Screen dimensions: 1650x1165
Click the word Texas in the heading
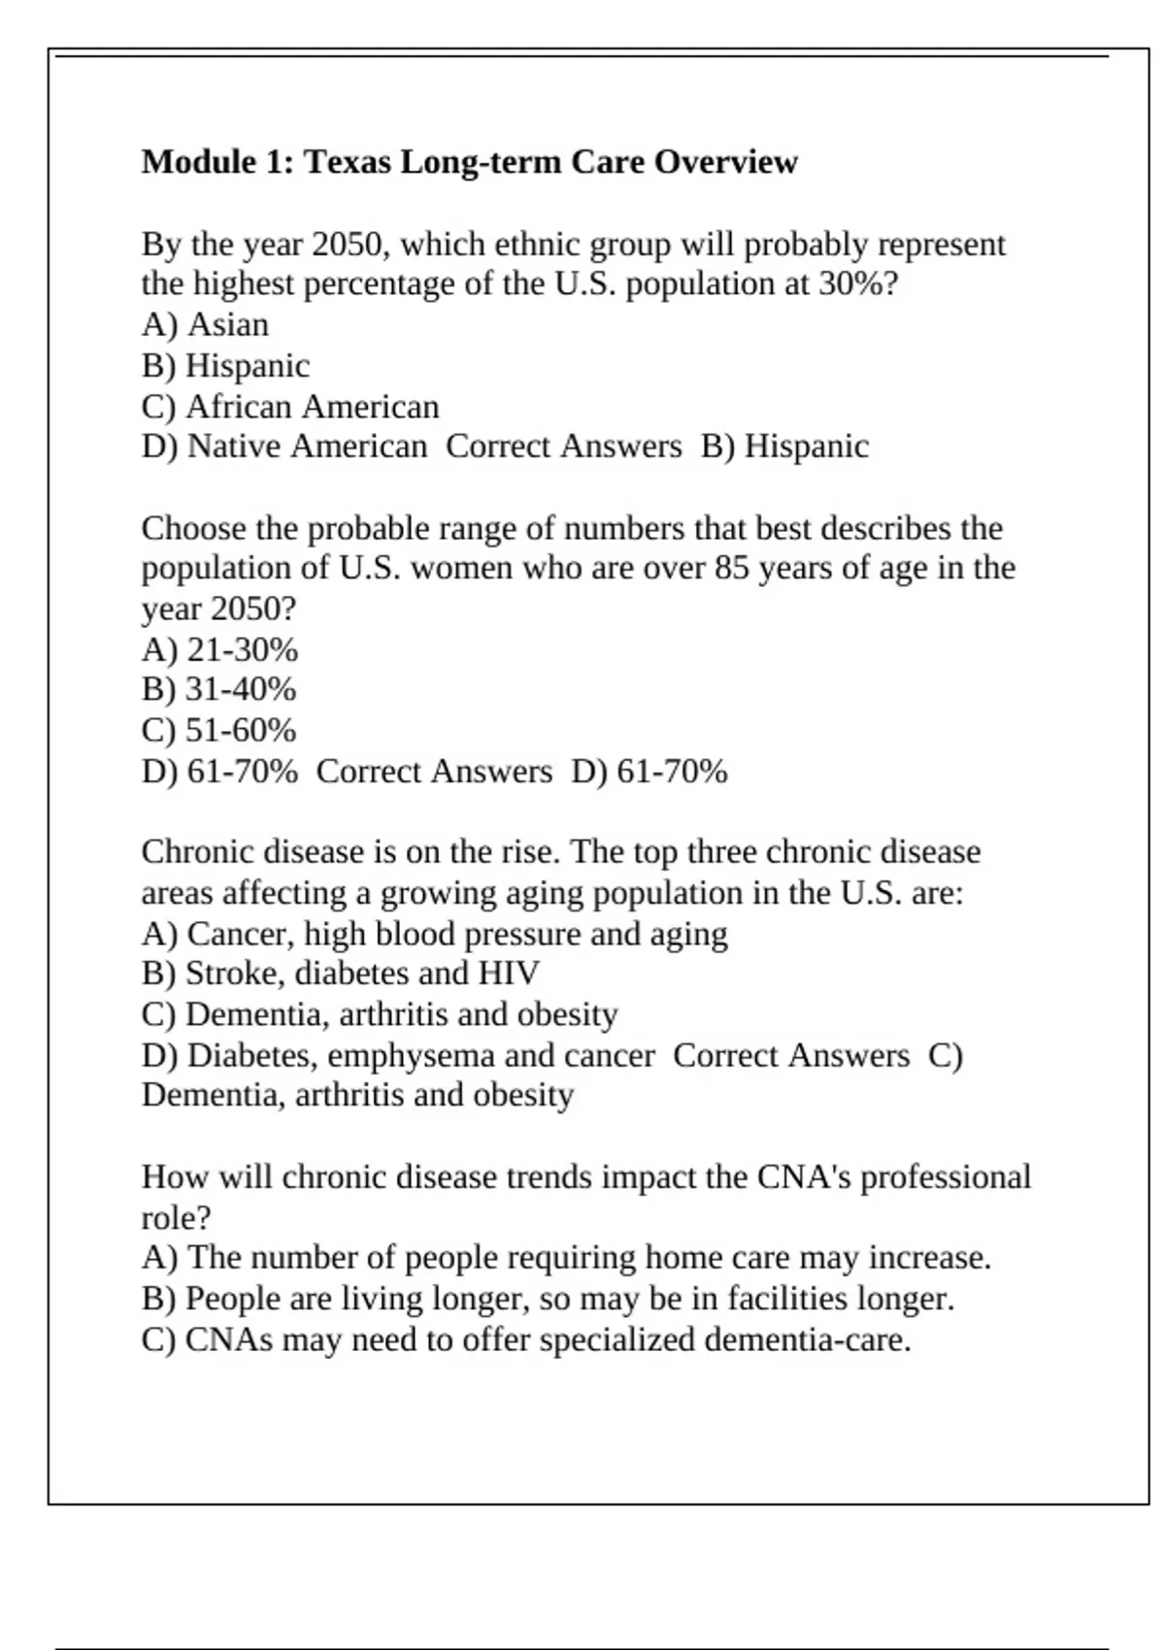(348, 162)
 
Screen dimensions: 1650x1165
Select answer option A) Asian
(205, 324)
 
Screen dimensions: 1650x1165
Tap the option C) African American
(290, 406)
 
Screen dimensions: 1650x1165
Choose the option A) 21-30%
(219, 649)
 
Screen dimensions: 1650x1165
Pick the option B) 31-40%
(218, 689)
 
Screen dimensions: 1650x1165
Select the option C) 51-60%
(218, 730)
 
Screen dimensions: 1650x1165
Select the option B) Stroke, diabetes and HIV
(340, 973)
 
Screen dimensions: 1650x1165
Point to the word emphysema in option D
(411, 1055)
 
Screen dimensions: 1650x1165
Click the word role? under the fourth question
(176, 1217)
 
